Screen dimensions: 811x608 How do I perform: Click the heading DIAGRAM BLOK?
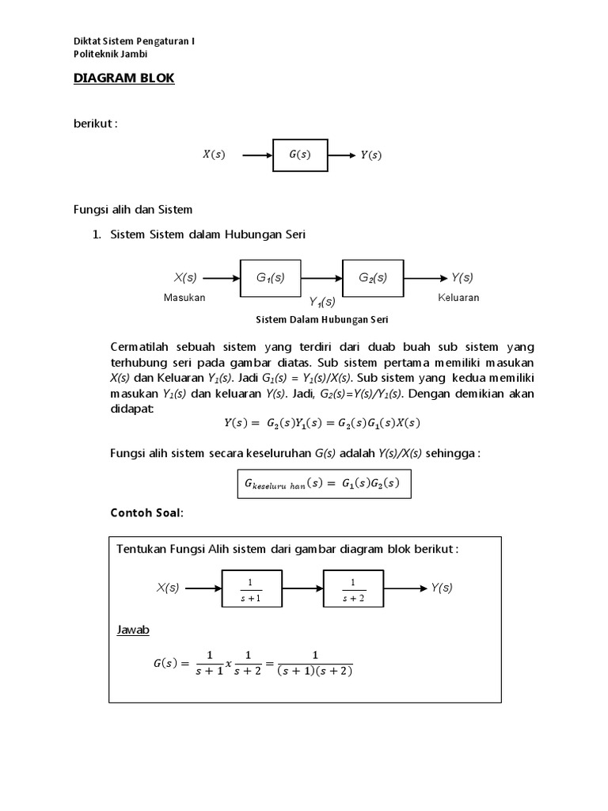click(123, 78)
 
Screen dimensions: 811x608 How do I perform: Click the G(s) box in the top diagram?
click(299, 155)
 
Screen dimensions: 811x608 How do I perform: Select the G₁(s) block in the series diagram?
click(270, 278)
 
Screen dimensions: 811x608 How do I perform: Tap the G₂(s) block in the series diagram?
click(373, 278)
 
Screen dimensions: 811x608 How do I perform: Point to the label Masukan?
click(184, 298)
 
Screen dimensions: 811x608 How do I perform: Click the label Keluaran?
click(458, 298)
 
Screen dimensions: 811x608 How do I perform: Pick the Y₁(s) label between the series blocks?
click(321, 301)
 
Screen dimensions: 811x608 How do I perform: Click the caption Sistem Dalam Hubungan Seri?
click(321, 320)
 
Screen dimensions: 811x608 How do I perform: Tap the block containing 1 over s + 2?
click(353, 588)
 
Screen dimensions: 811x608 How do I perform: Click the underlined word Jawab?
click(133, 630)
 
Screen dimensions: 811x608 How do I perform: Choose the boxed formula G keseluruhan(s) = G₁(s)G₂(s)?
click(325, 483)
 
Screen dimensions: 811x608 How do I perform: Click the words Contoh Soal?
click(146, 513)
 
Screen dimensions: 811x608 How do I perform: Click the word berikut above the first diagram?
click(95, 124)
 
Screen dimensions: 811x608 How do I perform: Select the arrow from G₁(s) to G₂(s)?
click(321, 278)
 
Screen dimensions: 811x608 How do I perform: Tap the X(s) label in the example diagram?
click(168, 588)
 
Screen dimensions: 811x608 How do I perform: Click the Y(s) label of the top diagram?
click(370, 155)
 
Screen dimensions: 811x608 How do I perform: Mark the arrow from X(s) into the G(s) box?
click(256, 155)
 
